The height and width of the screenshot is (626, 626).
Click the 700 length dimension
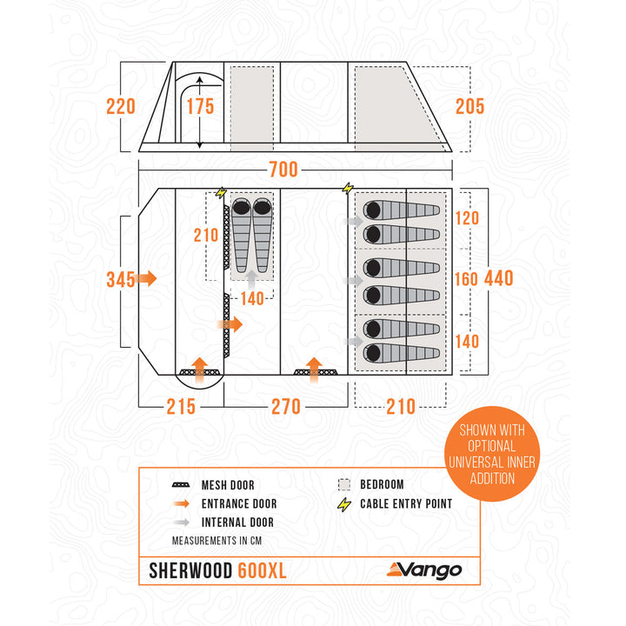pos(283,168)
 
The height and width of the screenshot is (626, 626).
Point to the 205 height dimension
pos(469,107)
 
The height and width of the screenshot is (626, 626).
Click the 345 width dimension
pos(120,279)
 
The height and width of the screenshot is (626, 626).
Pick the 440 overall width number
pos(498,279)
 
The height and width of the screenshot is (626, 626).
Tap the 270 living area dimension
pos(285,406)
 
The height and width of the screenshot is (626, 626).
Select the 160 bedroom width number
pos(467,279)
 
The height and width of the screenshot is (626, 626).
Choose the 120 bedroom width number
pos(467,218)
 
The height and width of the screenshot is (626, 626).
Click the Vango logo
pos(424,570)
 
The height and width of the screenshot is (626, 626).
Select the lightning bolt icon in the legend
pos(344,503)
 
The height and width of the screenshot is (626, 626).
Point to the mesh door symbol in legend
pos(182,484)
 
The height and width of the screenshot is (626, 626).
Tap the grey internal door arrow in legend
pos(182,523)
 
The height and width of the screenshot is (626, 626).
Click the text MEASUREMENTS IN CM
pos(216,541)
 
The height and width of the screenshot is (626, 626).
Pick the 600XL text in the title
pos(262,570)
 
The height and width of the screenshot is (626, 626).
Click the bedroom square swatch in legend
pos(344,484)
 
